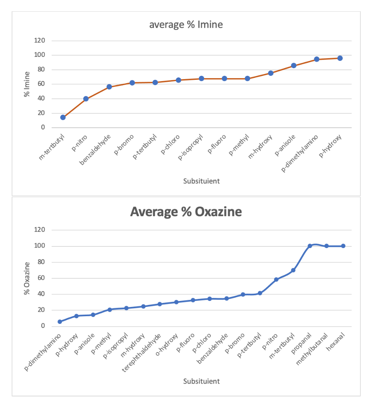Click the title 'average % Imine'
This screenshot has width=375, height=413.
point(186,25)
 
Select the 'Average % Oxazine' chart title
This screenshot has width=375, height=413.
point(186,212)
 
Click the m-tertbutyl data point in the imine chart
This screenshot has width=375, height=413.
point(63,117)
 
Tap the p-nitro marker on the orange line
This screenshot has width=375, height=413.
point(86,99)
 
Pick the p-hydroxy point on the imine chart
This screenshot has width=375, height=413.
point(340,58)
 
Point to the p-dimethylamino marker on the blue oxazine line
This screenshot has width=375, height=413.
point(60,322)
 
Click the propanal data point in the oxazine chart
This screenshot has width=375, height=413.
point(310,246)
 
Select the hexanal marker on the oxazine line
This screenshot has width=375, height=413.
point(343,246)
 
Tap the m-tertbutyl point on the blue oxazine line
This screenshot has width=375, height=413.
point(293,270)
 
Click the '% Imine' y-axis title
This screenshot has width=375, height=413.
point(27,84)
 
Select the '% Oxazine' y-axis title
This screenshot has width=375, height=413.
point(27,278)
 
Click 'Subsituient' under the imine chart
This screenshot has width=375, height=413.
point(201,181)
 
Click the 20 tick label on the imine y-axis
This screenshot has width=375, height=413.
point(42,113)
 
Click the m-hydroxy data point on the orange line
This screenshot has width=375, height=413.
point(271,73)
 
